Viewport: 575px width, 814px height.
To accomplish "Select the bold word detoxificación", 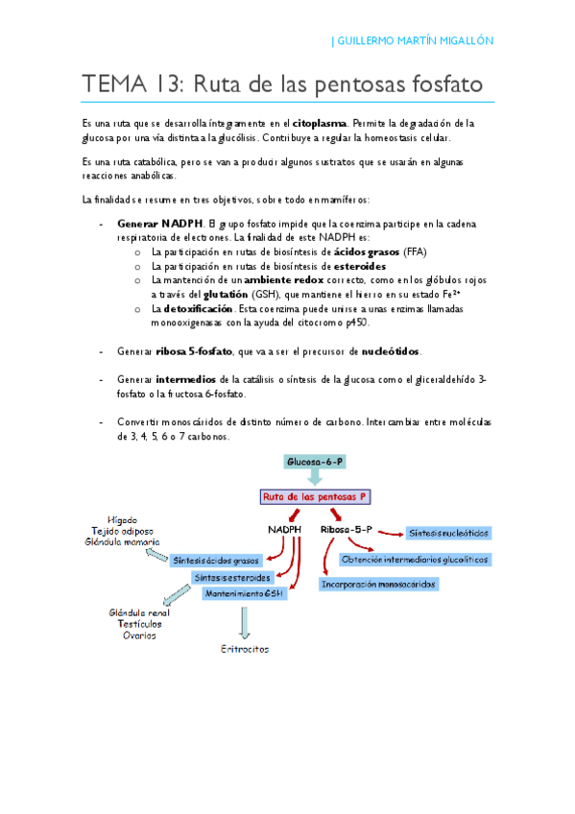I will [x=199, y=310].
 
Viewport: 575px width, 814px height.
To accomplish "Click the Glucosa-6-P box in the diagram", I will [x=315, y=463].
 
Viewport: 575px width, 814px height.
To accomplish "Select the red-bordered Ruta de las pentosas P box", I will [x=316, y=497].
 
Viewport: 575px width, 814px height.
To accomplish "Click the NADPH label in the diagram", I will [x=285, y=529].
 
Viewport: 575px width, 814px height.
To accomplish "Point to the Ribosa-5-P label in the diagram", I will [x=347, y=529].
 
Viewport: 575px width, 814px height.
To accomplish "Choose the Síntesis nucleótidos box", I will [x=448, y=532].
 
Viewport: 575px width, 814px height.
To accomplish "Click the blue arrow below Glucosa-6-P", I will [x=315, y=479].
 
